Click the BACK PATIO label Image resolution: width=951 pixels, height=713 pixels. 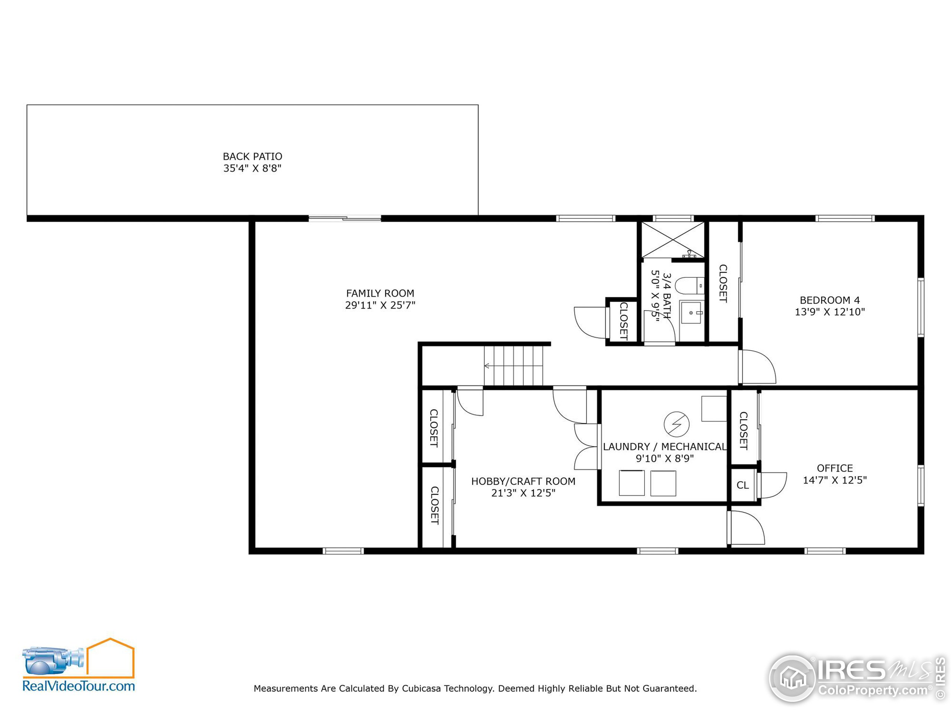click(x=252, y=156)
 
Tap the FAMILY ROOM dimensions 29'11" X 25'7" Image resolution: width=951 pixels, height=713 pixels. click(x=380, y=305)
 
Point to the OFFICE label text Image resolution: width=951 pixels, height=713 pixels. click(x=834, y=468)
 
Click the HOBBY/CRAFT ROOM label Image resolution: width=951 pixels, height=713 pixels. click(x=523, y=481)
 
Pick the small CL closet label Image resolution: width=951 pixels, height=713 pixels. click(x=743, y=485)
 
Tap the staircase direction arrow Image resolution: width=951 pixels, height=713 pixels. click(x=487, y=366)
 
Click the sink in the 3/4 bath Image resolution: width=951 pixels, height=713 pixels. click(x=691, y=313)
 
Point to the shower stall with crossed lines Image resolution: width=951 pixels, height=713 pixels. click(x=673, y=240)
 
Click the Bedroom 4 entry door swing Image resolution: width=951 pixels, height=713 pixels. click(x=757, y=367)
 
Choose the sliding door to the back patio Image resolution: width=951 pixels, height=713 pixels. click(x=345, y=219)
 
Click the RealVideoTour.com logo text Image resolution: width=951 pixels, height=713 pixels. click(x=79, y=686)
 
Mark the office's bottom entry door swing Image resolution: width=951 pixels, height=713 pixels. click(x=747, y=528)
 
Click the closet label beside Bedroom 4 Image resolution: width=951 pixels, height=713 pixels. click(x=723, y=283)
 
